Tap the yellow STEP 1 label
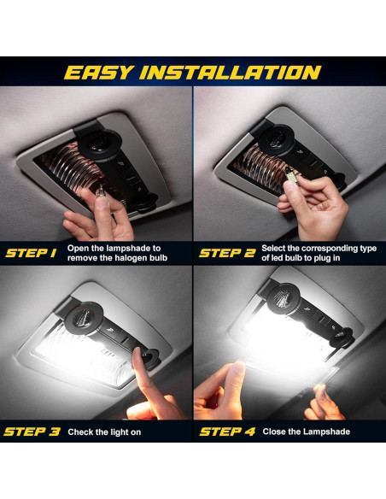click(31, 253)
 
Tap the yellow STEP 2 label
click(226, 253)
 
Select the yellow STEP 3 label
click(32, 431)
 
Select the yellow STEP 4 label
click(227, 431)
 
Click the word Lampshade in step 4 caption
click(322, 431)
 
